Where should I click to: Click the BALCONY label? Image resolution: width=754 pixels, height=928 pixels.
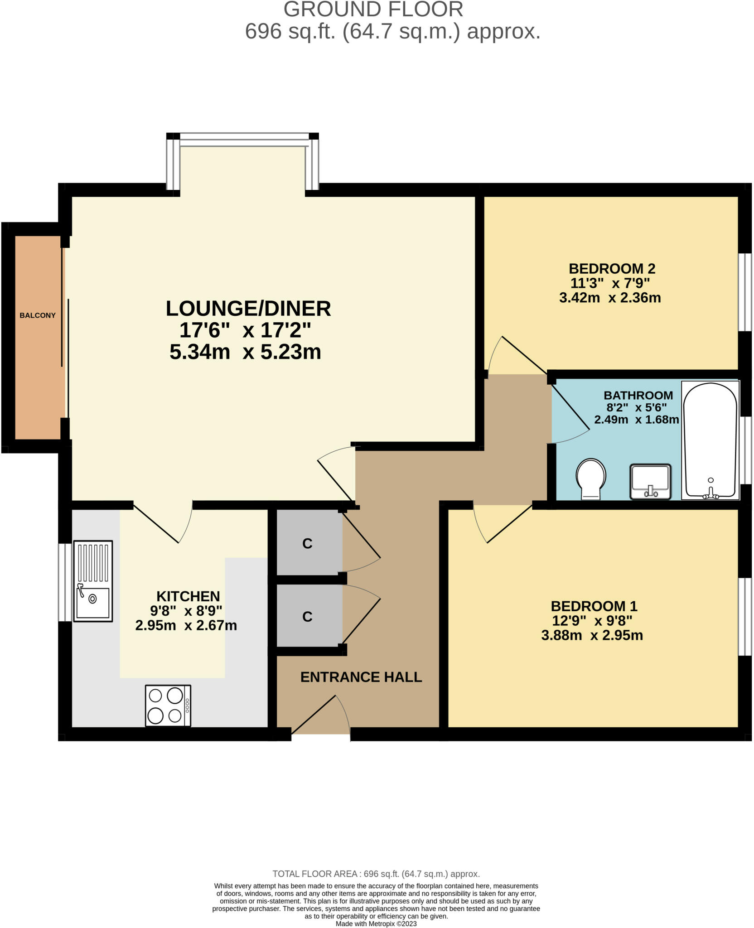pyautogui.click(x=37, y=315)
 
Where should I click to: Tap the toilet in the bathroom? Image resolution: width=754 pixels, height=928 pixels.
pyautogui.click(x=591, y=479)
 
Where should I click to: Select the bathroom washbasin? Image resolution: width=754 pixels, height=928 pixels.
pyautogui.click(x=650, y=481)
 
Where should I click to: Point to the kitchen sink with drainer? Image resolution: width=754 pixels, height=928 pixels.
pyautogui.click(x=93, y=581)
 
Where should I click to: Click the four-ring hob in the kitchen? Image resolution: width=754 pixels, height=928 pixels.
pyautogui.click(x=168, y=706)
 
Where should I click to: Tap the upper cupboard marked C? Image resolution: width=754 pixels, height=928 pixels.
pyautogui.click(x=308, y=543)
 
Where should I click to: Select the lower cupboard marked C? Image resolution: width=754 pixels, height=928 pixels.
pyautogui.click(x=308, y=617)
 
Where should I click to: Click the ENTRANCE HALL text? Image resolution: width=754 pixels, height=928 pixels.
pyautogui.click(x=361, y=677)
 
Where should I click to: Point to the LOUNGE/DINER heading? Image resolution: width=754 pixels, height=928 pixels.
pyautogui.click(x=248, y=309)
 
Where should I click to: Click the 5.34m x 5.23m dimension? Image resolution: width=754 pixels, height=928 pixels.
pyautogui.click(x=245, y=352)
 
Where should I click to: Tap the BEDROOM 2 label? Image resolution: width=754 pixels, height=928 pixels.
pyautogui.click(x=612, y=269)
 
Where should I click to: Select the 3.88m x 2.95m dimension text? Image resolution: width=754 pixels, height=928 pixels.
pyautogui.click(x=592, y=635)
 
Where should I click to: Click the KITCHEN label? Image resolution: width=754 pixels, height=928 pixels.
pyautogui.click(x=188, y=596)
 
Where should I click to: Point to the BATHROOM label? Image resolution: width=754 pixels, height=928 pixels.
pyautogui.click(x=638, y=395)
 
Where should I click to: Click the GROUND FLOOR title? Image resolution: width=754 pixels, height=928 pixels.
pyautogui.click(x=373, y=10)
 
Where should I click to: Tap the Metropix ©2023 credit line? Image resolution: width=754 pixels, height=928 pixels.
pyautogui.click(x=376, y=923)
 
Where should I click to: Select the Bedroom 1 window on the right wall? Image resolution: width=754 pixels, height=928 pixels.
pyautogui.click(x=744, y=617)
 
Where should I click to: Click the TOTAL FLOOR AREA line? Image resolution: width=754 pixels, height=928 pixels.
pyautogui.click(x=376, y=874)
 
